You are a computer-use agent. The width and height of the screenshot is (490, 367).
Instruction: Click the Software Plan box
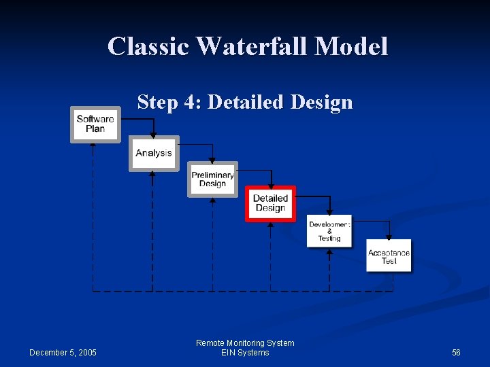point(95,124)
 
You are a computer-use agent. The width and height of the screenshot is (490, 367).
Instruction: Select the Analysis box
point(154,153)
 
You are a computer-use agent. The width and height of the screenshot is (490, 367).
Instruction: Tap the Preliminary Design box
point(212,179)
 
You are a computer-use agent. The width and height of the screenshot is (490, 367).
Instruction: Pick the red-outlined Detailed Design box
point(270,203)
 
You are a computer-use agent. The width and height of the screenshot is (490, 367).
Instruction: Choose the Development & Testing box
point(329,230)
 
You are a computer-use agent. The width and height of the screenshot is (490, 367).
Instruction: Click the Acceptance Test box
point(389,256)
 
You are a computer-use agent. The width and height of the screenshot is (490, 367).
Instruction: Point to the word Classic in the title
point(148,46)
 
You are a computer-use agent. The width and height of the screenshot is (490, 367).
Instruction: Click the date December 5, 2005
point(63,352)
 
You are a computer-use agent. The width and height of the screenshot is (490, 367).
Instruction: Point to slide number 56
point(456,352)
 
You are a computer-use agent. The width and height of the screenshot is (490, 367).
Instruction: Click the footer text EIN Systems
point(245,353)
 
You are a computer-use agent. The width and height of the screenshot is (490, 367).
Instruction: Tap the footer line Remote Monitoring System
point(245,343)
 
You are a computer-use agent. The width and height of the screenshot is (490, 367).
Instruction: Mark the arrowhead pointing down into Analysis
point(153,135)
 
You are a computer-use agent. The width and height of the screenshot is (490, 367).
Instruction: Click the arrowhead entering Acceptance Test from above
point(389,237)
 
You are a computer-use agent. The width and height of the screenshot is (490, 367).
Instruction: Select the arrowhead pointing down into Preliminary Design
point(212,160)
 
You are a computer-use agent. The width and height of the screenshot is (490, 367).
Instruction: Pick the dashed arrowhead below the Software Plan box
point(93,145)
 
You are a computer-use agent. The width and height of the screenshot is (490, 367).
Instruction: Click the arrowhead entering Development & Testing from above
point(329,213)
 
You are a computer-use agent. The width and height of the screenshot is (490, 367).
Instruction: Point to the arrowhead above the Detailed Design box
point(271,185)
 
